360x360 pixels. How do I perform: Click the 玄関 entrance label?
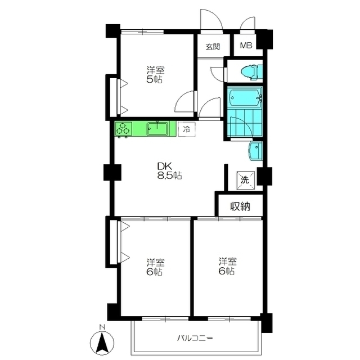[x=213, y=47]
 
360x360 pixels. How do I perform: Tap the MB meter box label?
[x=246, y=46]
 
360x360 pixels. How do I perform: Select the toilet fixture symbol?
[x=251, y=72]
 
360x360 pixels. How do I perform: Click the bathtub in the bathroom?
[x=245, y=98]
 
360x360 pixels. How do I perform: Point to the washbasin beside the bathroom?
[x=255, y=151]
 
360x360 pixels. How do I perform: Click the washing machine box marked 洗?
[x=245, y=180]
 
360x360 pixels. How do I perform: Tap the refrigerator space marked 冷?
[x=187, y=129]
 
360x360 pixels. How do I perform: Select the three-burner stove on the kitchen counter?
[x=124, y=128]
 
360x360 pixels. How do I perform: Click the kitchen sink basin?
[x=157, y=129]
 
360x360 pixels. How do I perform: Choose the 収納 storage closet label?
[x=240, y=206]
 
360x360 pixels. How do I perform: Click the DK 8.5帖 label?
[x=169, y=170]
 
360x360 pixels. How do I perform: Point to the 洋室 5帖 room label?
[x=155, y=75]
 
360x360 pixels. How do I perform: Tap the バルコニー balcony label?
[x=195, y=338]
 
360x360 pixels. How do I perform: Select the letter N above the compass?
[x=102, y=327]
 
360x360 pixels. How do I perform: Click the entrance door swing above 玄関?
[x=211, y=21]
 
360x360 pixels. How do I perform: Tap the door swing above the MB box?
[x=247, y=24]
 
